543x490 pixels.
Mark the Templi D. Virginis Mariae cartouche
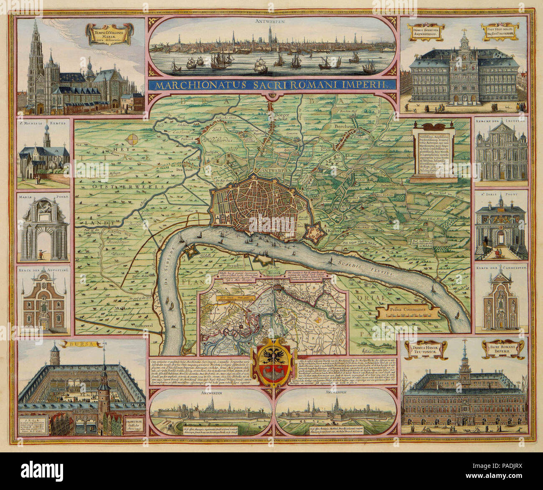click(108, 35)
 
